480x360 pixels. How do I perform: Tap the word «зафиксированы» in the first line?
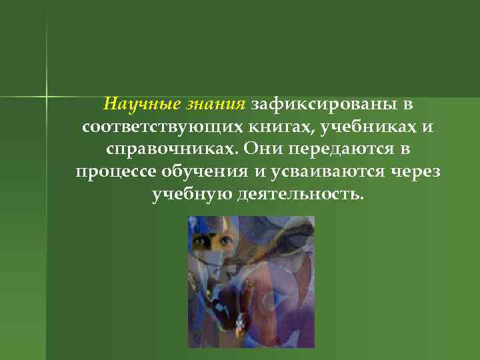[325, 105]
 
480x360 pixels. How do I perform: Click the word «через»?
[413, 172]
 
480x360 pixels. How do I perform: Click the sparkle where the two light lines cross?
[47, 96]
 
